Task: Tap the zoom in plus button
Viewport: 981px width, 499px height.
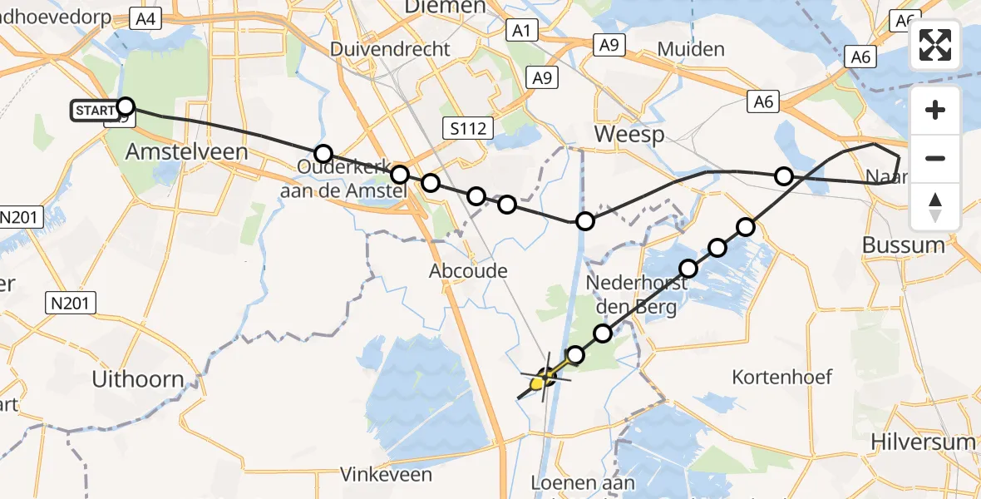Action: (935, 110)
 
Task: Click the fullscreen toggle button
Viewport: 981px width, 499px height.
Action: (935, 45)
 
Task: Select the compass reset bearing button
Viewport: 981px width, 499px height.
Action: (935, 206)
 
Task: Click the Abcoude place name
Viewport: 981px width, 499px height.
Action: (468, 271)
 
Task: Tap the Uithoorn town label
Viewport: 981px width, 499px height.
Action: (138, 379)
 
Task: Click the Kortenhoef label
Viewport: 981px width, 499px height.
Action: (782, 378)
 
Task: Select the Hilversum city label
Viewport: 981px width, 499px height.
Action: (923, 441)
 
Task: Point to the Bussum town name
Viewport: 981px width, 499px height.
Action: (903, 245)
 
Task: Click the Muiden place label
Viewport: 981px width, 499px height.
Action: (691, 49)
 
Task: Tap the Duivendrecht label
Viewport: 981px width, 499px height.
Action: (390, 49)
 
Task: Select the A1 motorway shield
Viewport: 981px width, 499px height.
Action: (521, 32)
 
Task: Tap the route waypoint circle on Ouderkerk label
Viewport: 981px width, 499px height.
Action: (323, 154)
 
